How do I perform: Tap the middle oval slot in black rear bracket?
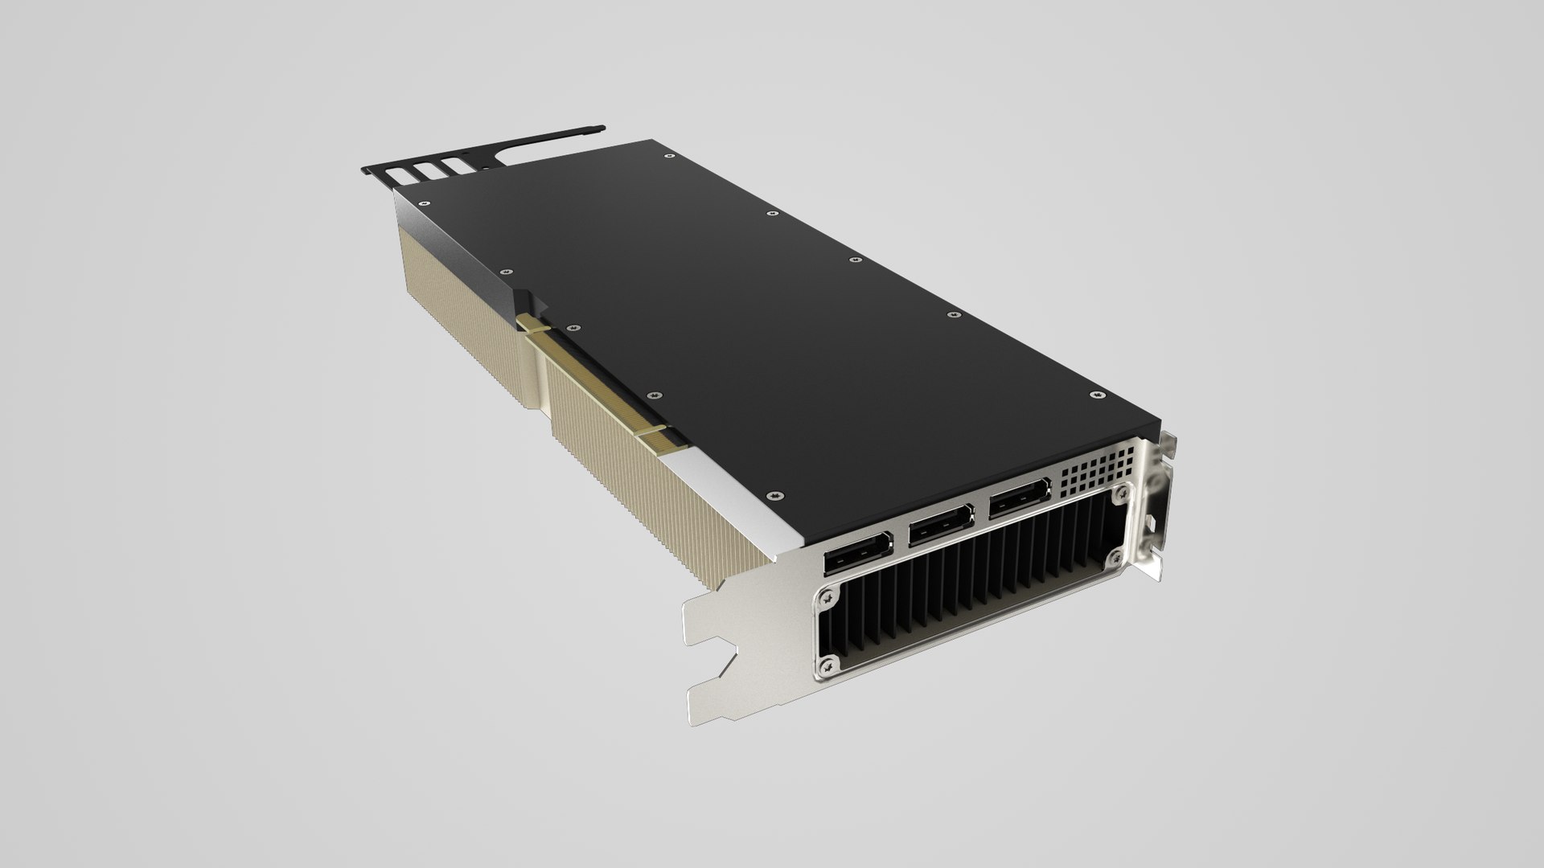click(427, 170)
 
